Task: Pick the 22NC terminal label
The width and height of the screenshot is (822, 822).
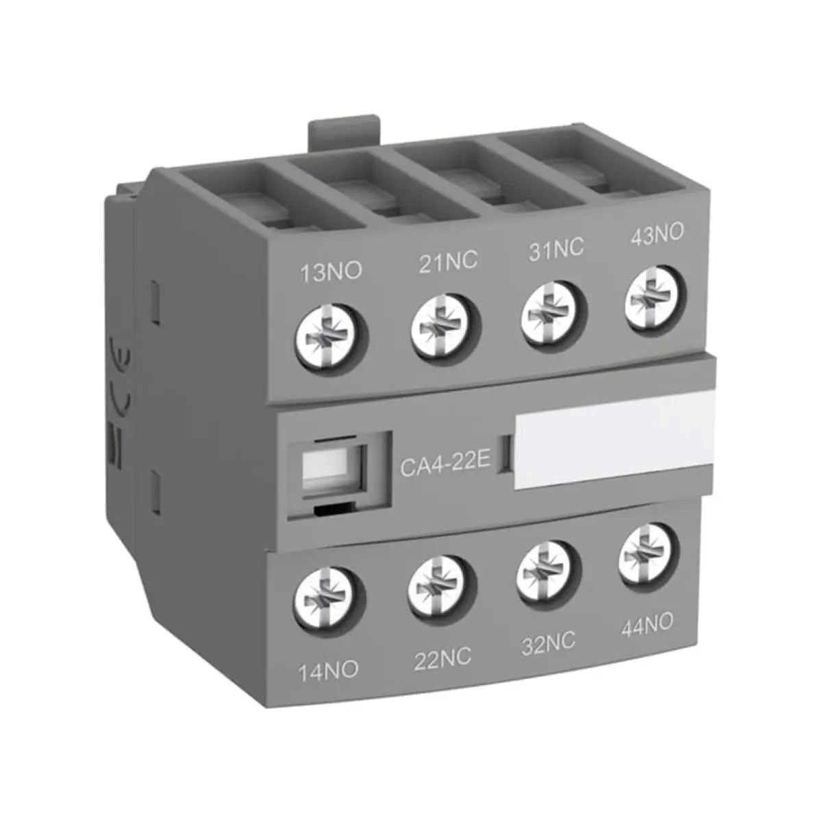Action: coord(443,657)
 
